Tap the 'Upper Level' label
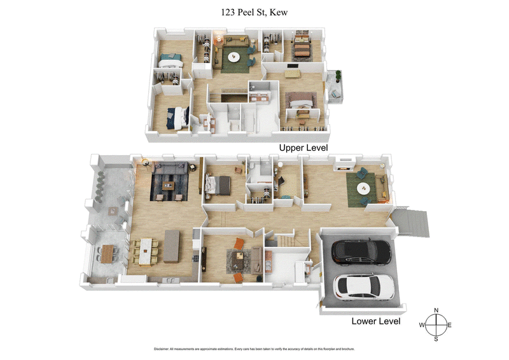coord(303,148)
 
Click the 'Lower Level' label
coord(376,321)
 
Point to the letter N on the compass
coord(436,310)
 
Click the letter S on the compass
coord(436,339)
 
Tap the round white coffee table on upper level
coord(233,57)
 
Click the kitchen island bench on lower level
coord(172,246)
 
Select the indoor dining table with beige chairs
coord(146,249)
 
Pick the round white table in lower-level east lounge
coord(364,188)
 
